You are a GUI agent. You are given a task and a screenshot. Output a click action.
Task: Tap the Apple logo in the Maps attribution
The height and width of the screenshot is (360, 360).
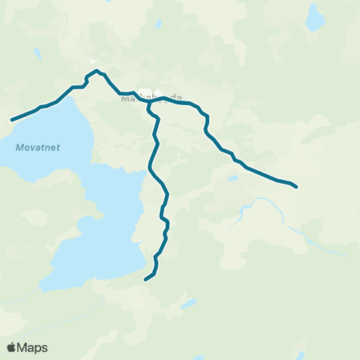point(11,347)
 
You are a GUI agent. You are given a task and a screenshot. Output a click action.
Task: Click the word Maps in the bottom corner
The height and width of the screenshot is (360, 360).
point(33,347)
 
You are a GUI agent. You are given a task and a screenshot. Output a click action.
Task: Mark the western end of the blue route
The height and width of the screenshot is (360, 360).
point(11,119)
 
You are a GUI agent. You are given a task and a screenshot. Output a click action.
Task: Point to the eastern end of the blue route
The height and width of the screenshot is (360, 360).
point(297,186)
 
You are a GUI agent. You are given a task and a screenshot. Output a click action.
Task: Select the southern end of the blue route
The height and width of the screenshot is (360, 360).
point(145,280)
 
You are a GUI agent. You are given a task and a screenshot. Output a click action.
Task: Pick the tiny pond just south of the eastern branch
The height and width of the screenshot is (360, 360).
point(233,178)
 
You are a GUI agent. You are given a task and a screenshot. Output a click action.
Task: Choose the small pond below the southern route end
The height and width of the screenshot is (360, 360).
point(187,304)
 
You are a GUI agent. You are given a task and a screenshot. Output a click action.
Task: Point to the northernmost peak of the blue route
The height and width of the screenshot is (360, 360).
point(97,70)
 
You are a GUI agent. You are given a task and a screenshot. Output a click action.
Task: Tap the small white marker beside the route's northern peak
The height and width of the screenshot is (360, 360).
point(93,61)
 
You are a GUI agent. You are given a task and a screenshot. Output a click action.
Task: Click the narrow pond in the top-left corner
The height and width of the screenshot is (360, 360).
point(35,52)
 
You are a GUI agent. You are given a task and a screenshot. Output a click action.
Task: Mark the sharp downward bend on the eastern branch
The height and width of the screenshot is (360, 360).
point(205,120)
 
